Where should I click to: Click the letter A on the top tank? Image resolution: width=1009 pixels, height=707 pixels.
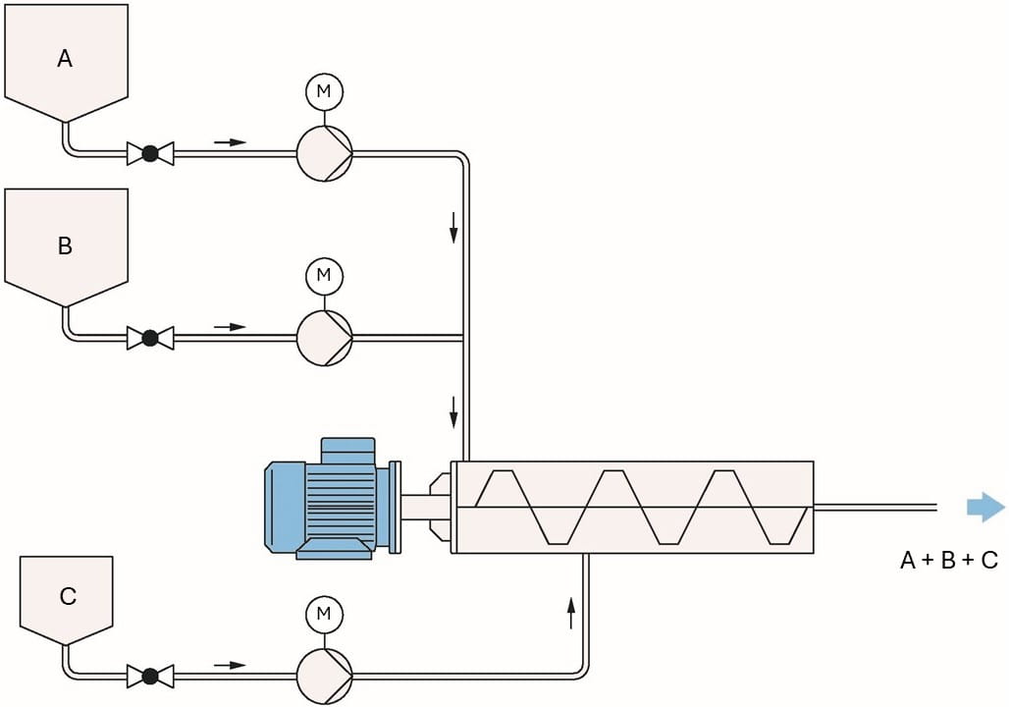point(65,59)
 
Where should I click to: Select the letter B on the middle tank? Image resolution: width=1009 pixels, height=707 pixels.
point(65,245)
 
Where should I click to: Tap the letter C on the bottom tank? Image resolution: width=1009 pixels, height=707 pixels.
point(68,596)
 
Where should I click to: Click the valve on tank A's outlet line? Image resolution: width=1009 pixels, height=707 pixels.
point(150,153)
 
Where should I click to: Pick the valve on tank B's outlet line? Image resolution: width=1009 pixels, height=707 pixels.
point(150,338)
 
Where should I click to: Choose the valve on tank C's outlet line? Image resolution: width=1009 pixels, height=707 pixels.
point(150,676)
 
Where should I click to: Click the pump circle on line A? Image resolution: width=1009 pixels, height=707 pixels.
point(324,153)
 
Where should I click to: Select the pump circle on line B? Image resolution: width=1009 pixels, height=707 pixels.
point(324,338)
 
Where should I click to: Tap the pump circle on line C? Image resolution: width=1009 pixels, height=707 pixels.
point(324,676)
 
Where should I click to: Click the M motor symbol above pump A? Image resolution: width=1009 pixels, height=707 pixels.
point(324,92)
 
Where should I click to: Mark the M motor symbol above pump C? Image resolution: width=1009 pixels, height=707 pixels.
point(324,616)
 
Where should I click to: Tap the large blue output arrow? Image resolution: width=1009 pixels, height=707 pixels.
point(985,507)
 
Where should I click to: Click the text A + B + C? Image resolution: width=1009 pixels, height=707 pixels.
point(948,561)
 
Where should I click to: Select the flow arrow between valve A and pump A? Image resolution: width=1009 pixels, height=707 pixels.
point(231,141)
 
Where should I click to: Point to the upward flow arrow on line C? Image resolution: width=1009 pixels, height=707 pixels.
point(570,616)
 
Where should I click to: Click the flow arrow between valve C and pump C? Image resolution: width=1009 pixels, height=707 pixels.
point(231,665)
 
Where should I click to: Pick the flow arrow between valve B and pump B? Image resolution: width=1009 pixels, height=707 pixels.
point(231,326)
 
